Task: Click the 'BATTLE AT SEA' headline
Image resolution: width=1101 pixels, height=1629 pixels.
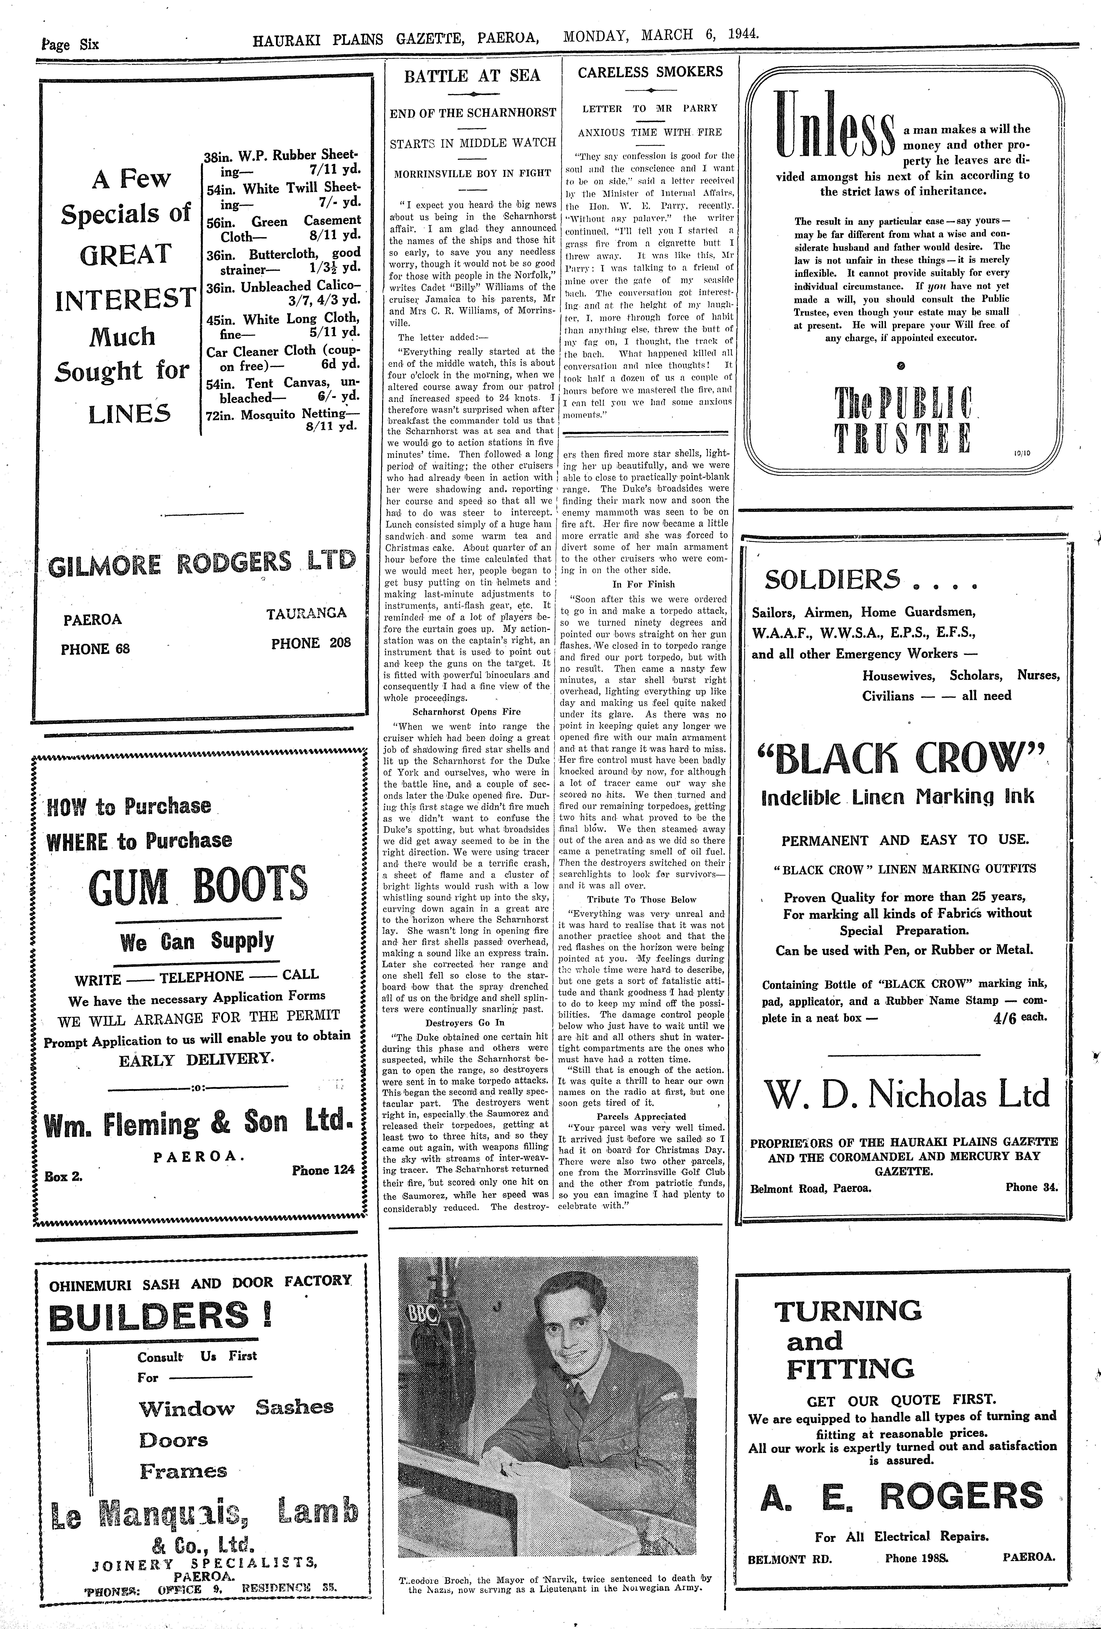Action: (x=473, y=76)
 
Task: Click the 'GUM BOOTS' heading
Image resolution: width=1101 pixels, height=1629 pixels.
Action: (x=198, y=885)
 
